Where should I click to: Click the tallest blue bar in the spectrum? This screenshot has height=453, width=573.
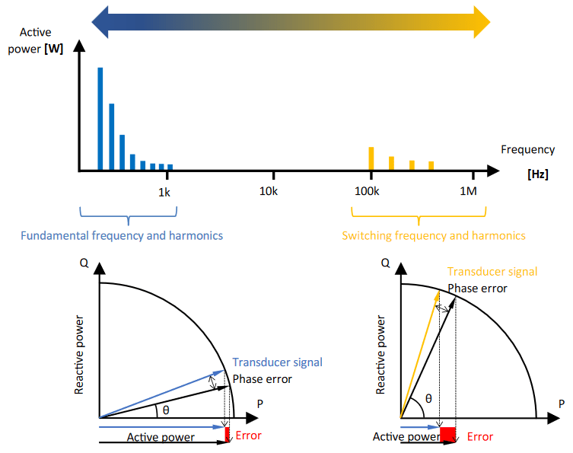click(100, 118)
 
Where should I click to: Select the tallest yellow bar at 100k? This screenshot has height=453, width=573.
click(371, 158)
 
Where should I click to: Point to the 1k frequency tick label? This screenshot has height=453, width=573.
click(164, 192)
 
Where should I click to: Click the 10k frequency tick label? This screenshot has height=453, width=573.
click(268, 192)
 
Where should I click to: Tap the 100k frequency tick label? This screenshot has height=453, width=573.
click(368, 192)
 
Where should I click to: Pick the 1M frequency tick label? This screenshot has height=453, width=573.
click(468, 192)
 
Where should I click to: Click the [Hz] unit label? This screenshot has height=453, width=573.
click(537, 174)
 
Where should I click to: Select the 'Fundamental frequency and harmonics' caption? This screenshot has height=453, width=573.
click(122, 235)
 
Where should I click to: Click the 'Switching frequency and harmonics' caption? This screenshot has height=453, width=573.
click(434, 235)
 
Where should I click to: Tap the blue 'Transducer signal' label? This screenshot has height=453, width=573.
click(277, 362)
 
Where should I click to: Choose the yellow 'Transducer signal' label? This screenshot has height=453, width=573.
click(492, 272)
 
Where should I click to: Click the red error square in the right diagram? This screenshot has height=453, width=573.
click(447, 435)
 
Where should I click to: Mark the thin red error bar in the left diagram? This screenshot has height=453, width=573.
click(227, 435)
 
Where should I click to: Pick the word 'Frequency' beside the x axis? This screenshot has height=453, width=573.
click(524, 151)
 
